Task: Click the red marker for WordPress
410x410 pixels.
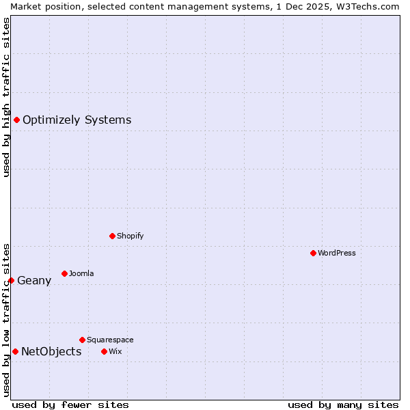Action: point(313,253)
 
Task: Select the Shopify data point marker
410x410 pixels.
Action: point(112,236)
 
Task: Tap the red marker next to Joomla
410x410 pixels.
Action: point(64,273)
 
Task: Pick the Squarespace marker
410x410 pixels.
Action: point(82,340)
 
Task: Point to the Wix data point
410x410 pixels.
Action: point(104,351)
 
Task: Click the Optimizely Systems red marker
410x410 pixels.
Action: point(16,120)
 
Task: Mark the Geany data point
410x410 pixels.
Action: point(11,280)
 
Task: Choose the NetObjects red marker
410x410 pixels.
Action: point(15,352)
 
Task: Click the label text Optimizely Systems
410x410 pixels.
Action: point(77,120)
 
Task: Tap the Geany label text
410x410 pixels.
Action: point(34,280)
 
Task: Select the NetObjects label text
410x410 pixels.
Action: point(51,352)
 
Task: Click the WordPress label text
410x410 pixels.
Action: point(337,253)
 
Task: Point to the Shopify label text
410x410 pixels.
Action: point(130,236)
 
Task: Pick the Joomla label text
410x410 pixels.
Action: point(81,273)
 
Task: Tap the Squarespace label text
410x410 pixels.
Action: point(110,340)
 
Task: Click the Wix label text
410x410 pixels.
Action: point(115,351)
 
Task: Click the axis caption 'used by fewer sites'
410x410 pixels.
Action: point(70,405)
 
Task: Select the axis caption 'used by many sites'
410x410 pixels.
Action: point(343,405)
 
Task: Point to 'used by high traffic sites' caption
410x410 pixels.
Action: point(6,97)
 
